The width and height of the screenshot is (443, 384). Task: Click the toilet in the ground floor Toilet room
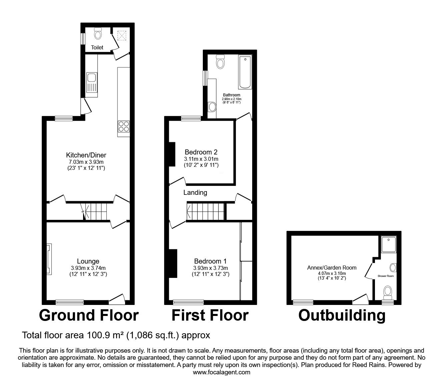click(98, 34)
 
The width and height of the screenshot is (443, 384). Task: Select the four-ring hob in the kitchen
click(124, 126)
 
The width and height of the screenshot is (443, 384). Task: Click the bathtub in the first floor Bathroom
click(245, 72)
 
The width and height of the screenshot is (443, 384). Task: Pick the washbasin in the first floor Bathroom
click(212, 107)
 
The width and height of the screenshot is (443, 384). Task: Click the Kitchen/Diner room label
click(86, 155)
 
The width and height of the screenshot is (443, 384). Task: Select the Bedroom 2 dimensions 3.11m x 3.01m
click(201, 159)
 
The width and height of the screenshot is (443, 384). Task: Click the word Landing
click(195, 192)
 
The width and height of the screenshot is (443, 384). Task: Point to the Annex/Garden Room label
click(332, 268)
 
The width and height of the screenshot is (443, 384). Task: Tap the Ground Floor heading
click(89, 315)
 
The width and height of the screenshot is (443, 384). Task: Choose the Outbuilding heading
click(342, 316)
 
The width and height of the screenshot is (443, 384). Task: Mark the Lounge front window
click(70, 302)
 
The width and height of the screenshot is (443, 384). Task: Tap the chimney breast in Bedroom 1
click(173, 264)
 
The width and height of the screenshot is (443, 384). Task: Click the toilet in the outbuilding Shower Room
click(388, 293)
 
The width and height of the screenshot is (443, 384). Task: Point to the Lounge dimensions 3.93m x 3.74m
click(88, 268)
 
